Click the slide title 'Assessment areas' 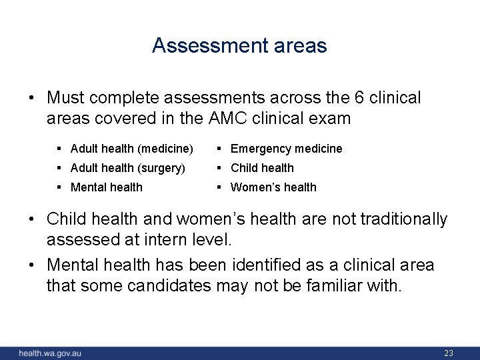[x=239, y=45]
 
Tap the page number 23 [x=449, y=353]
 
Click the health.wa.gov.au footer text [x=50, y=353]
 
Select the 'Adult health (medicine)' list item [x=131, y=149]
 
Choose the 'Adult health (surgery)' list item [x=127, y=168]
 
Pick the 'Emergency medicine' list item [x=286, y=149]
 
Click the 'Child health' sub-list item [x=262, y=168]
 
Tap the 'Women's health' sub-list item [x=273, y=187]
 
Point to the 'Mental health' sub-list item [x=106, y=187]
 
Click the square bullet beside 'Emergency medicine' [x=221, y=149]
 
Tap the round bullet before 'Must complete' [x=32, y=98]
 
